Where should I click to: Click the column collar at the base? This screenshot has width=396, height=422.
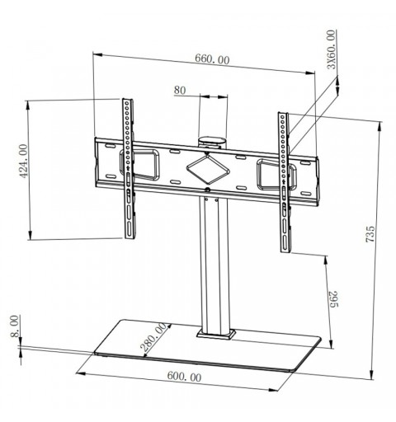click(x=216, y=334)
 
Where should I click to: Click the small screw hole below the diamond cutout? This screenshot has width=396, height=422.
click(x=206, y=195)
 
